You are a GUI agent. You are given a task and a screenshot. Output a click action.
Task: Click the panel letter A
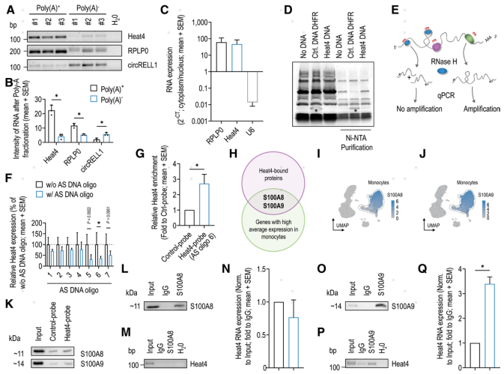tap(7, 7)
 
